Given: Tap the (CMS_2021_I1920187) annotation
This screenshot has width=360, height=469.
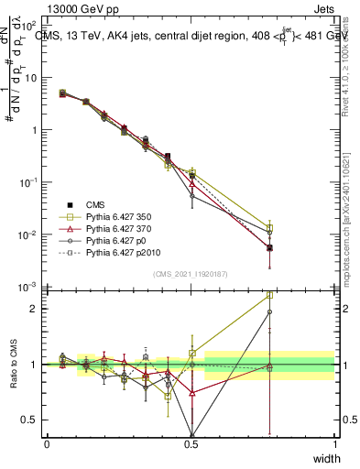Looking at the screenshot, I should pos(191,274).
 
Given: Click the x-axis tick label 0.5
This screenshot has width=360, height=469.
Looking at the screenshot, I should pos(191,444).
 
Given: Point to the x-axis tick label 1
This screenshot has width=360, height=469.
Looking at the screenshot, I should pos(334,444).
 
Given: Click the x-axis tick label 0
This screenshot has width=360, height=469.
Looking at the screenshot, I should pos(47,444).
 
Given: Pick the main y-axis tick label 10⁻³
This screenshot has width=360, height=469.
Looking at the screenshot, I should pos(31,288).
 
